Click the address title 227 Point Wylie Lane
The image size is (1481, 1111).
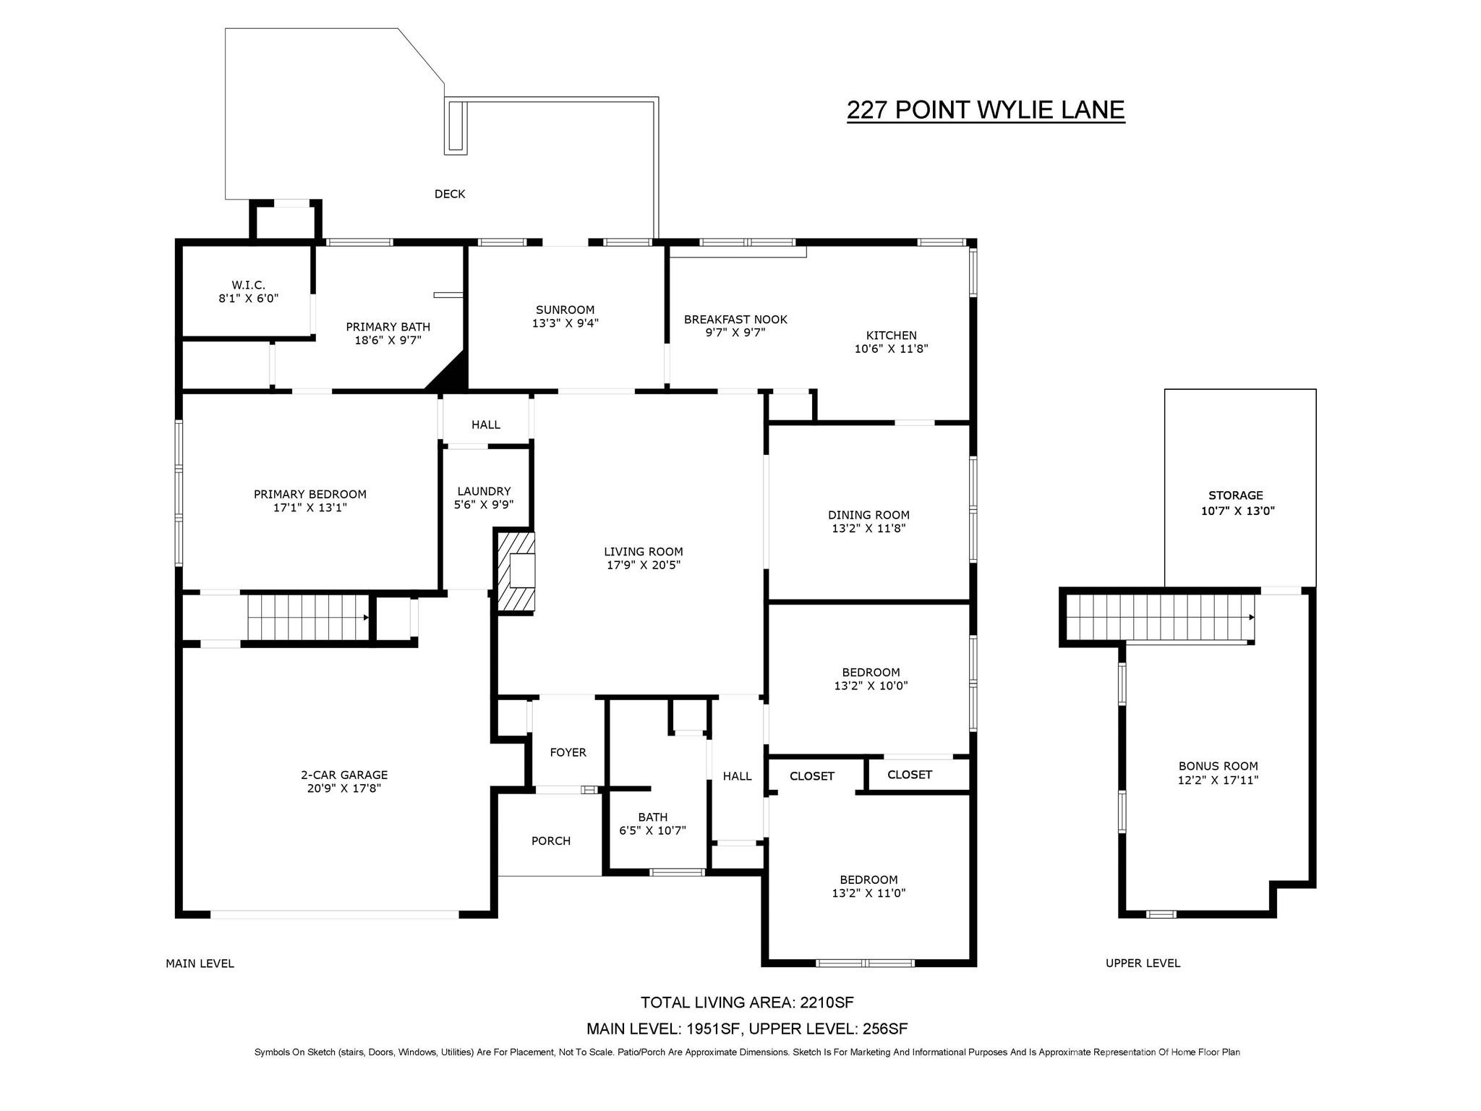point(985,110)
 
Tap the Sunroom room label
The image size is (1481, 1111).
point(565,310)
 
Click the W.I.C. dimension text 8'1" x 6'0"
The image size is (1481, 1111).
point(248,298)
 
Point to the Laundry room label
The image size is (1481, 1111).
point(484,491)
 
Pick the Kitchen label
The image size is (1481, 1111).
point(891,336)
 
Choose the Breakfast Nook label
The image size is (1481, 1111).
point(735,320)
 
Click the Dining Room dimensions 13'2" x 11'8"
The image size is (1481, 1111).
point(868,529)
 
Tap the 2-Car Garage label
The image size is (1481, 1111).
point(344,775)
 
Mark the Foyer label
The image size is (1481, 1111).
point(568,752)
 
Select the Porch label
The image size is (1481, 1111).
point(551,840)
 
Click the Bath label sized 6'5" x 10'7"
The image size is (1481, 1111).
point(652,817)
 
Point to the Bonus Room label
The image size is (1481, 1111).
point(1218,766)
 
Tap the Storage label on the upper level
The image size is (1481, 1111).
point(1235,495)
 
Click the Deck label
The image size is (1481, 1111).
point(450,194)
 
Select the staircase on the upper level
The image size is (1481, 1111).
point(1160,618)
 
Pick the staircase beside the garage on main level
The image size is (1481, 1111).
point(308,617)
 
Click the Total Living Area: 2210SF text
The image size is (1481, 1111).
point(747,1003)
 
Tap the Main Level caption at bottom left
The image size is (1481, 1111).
point(200,963)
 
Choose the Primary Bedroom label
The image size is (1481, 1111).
point(310,495)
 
